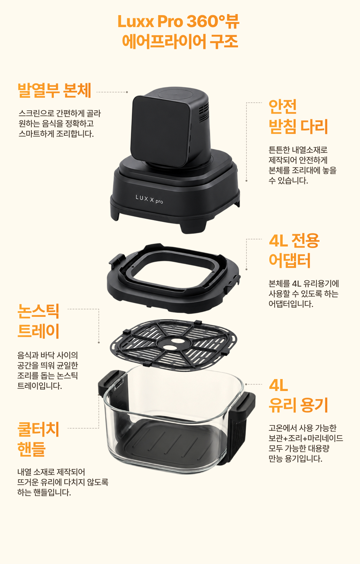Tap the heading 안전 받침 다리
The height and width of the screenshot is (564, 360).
click(298, 117)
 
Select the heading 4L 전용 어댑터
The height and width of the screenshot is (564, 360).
click(294, 250)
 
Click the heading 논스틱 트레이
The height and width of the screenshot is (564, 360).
click(38, 321)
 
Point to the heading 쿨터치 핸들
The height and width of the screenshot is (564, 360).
click(38, 439)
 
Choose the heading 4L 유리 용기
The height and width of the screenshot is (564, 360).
click(298, 396)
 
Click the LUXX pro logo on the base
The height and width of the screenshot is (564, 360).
click(149, 199)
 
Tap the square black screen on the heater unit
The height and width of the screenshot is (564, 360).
click(160, 131)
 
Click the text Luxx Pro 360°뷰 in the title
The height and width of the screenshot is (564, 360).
click(179, 21)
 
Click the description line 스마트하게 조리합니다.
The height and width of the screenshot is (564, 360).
click(56, 134)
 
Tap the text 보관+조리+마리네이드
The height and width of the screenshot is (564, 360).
click(306, 438)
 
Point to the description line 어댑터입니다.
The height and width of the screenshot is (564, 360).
click(291, 304)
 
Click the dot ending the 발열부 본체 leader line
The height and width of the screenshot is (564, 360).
click(127, 92)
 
